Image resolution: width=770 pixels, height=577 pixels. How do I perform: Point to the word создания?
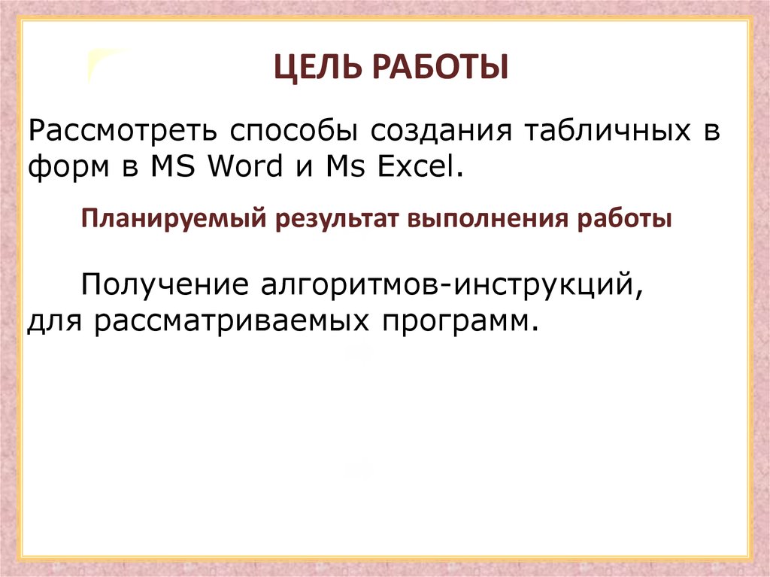tap(441, 131)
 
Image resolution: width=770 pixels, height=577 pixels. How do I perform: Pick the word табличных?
tap(608, 130)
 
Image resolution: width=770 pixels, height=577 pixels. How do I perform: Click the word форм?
tap(68, 167)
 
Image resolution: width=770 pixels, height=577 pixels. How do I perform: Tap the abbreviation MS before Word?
tap(172, 166)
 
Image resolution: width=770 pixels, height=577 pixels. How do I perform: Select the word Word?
tap(246, 166)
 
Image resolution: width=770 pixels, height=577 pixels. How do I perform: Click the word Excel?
tap(417, 166)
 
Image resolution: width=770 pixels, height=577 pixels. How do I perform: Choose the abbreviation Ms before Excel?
tap(346, 166)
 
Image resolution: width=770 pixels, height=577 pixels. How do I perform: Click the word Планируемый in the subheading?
tap(174, 219)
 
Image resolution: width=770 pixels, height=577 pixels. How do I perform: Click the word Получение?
tap(165, 284)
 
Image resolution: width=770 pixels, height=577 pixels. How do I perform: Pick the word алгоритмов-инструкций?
tap(452, 284)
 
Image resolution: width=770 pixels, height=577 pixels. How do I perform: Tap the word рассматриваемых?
tap(232, 321)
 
